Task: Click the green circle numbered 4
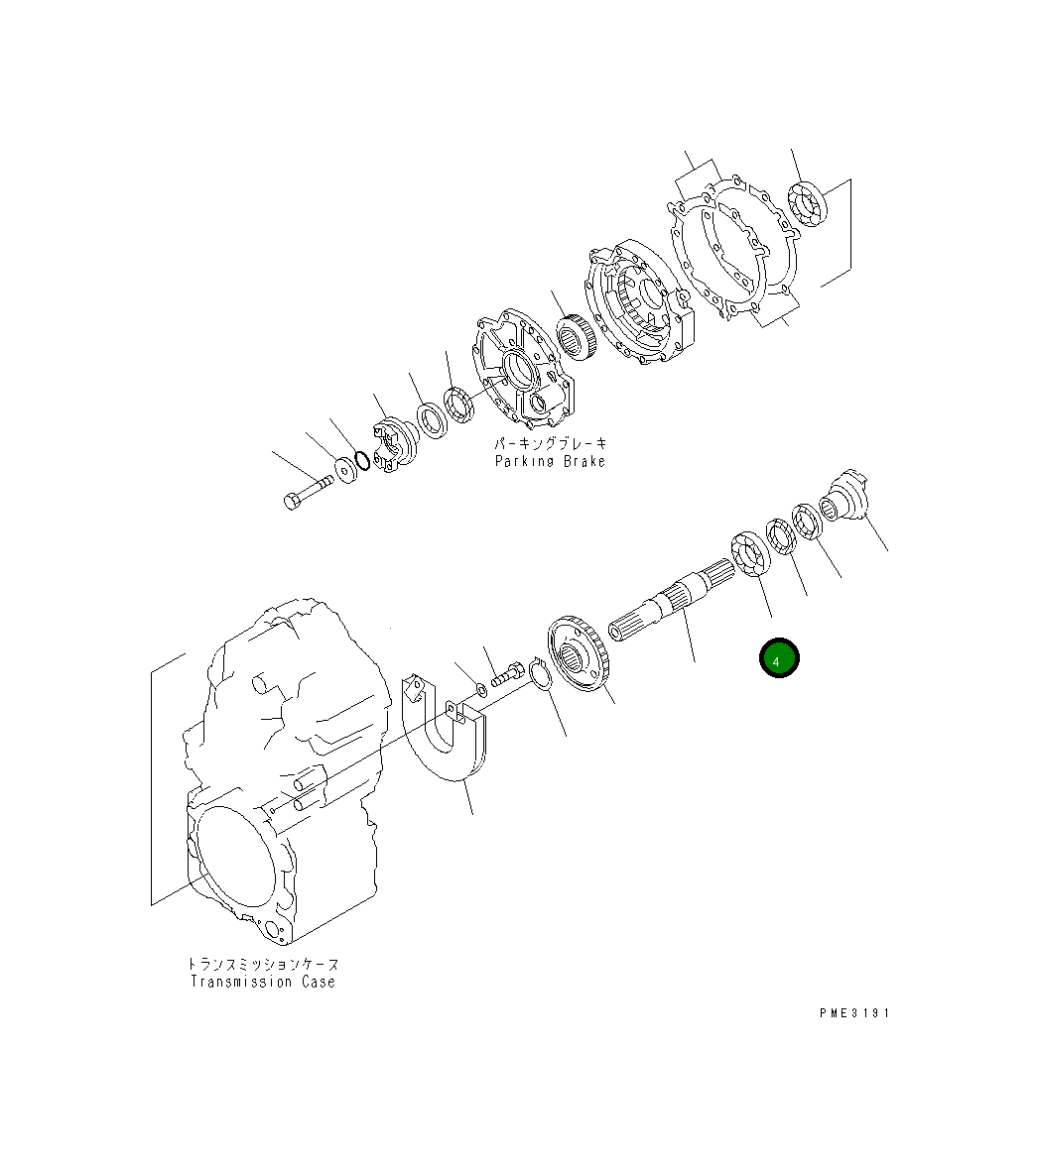tap(779, 657)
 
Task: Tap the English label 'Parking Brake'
tap(550, 461)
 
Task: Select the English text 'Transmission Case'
tap(263, 982)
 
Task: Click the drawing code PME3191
tap(854, 1013)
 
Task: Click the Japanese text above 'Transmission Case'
tap(263, 964)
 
